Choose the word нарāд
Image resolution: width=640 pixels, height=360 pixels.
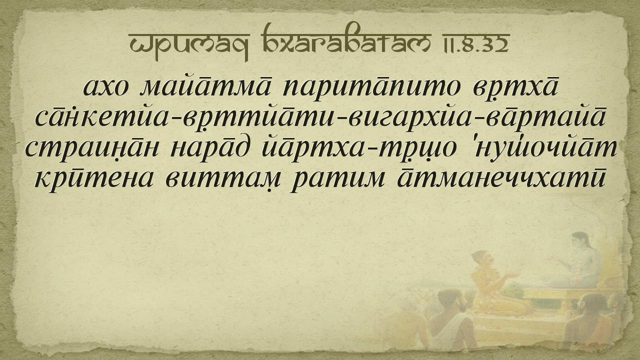pyautogui.click(x=209, y=147)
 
